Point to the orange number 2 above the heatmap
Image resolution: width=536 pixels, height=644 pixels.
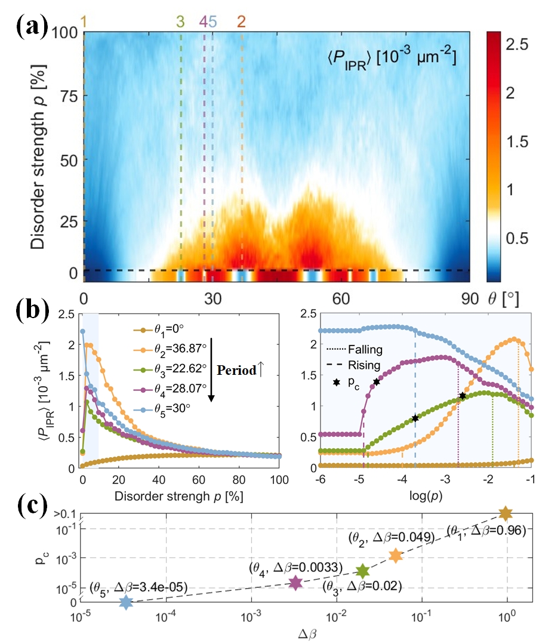tap(241, 22)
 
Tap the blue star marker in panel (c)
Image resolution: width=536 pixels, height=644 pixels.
tap(126, 603)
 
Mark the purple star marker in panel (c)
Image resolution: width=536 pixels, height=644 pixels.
tap(295, 583)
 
